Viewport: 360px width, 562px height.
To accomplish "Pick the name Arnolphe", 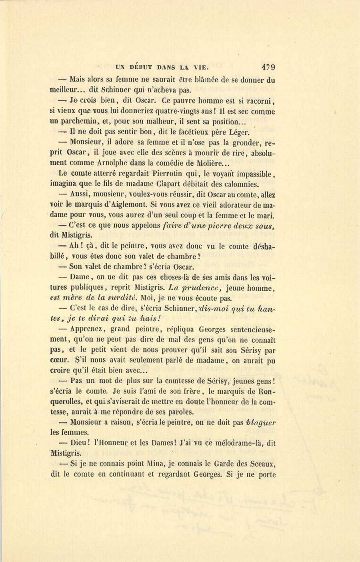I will tap(113, 163).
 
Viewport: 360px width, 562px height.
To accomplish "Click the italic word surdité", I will tap(119, 298).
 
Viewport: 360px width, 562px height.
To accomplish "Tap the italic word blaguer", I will tap(261, 422).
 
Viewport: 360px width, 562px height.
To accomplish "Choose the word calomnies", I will tap(239, 184).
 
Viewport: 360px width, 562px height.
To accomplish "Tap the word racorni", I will tap(260, 101).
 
